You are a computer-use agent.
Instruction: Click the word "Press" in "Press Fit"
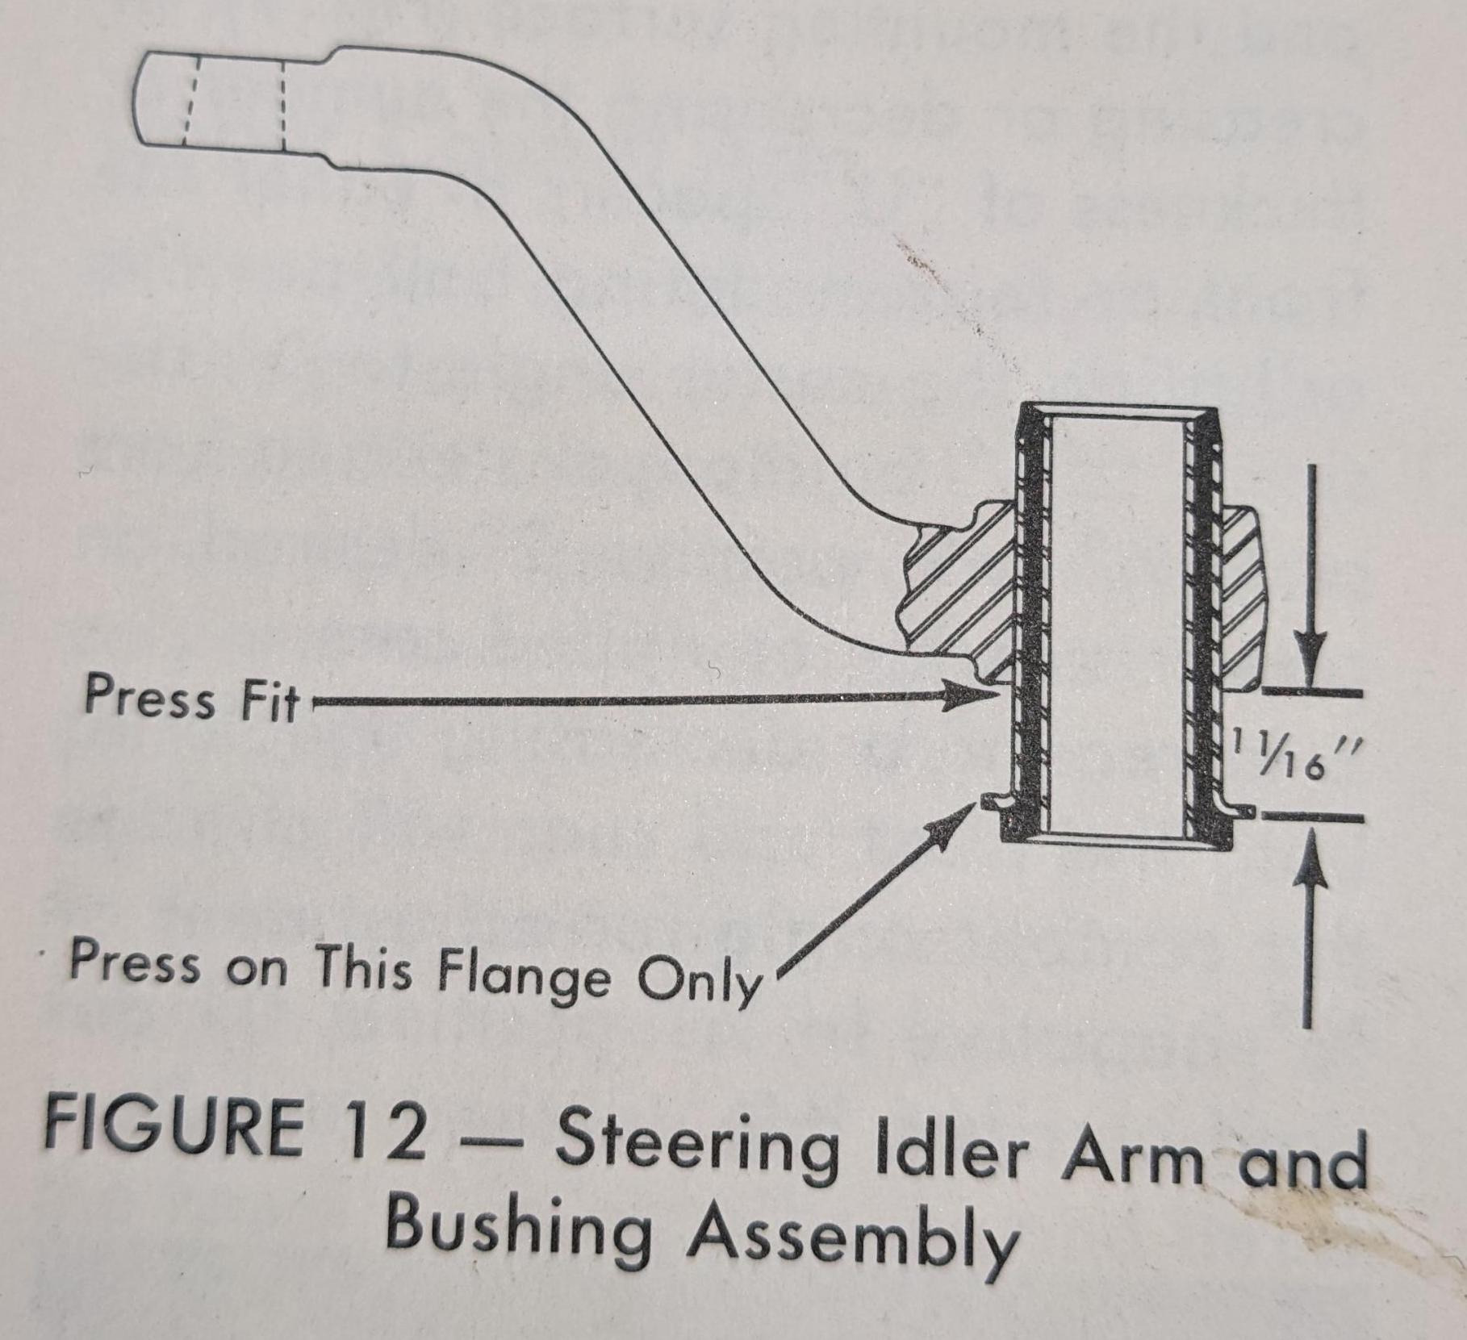(x=150, y=696)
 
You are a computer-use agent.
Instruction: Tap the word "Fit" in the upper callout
(x=268, y=702)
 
